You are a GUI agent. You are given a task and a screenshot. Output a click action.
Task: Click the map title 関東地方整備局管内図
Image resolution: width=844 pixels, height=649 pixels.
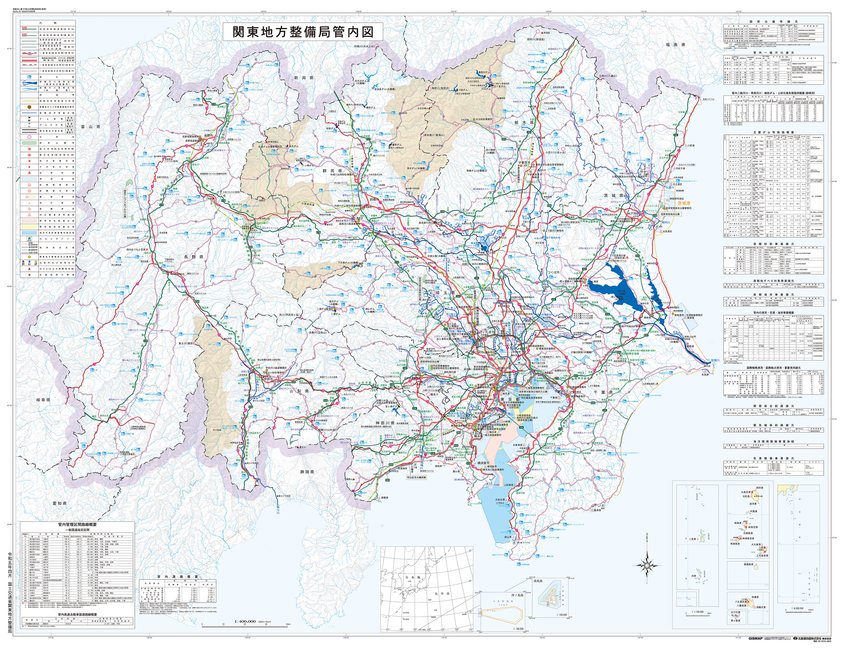click(303, 32)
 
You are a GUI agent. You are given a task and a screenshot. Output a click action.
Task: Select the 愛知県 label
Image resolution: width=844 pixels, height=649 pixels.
click(60, 503)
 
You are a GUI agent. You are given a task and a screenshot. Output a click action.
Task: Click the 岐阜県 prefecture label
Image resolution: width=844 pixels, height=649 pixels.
click(44, 400)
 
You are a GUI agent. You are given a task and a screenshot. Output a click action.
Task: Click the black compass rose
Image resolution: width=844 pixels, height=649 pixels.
click(647, 566)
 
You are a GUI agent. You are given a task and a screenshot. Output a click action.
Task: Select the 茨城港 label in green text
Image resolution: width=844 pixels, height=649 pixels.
click(683, 203)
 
